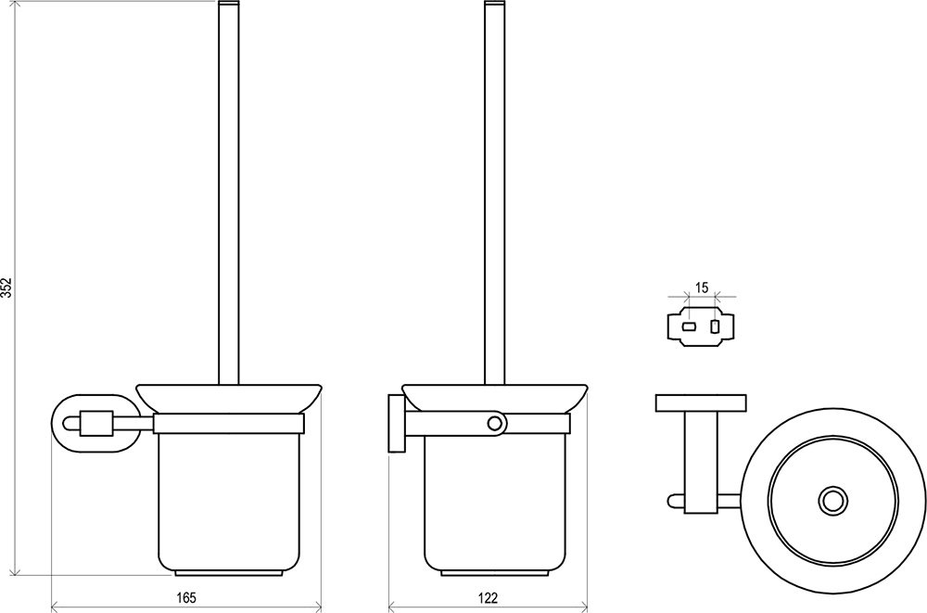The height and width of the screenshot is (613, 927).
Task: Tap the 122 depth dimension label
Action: pos(489,597)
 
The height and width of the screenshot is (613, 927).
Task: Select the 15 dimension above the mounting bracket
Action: pos(701,288)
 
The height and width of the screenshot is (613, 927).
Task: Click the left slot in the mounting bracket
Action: pos(690,326)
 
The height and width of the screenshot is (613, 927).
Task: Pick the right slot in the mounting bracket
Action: pos(716,326)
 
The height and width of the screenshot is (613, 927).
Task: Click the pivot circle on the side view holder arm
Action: pos(495,423)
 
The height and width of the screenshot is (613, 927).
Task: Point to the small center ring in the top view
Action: pos(832,501)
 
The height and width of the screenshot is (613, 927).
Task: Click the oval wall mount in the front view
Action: pos(97,423)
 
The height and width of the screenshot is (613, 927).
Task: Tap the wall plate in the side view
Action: pos(396,424)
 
